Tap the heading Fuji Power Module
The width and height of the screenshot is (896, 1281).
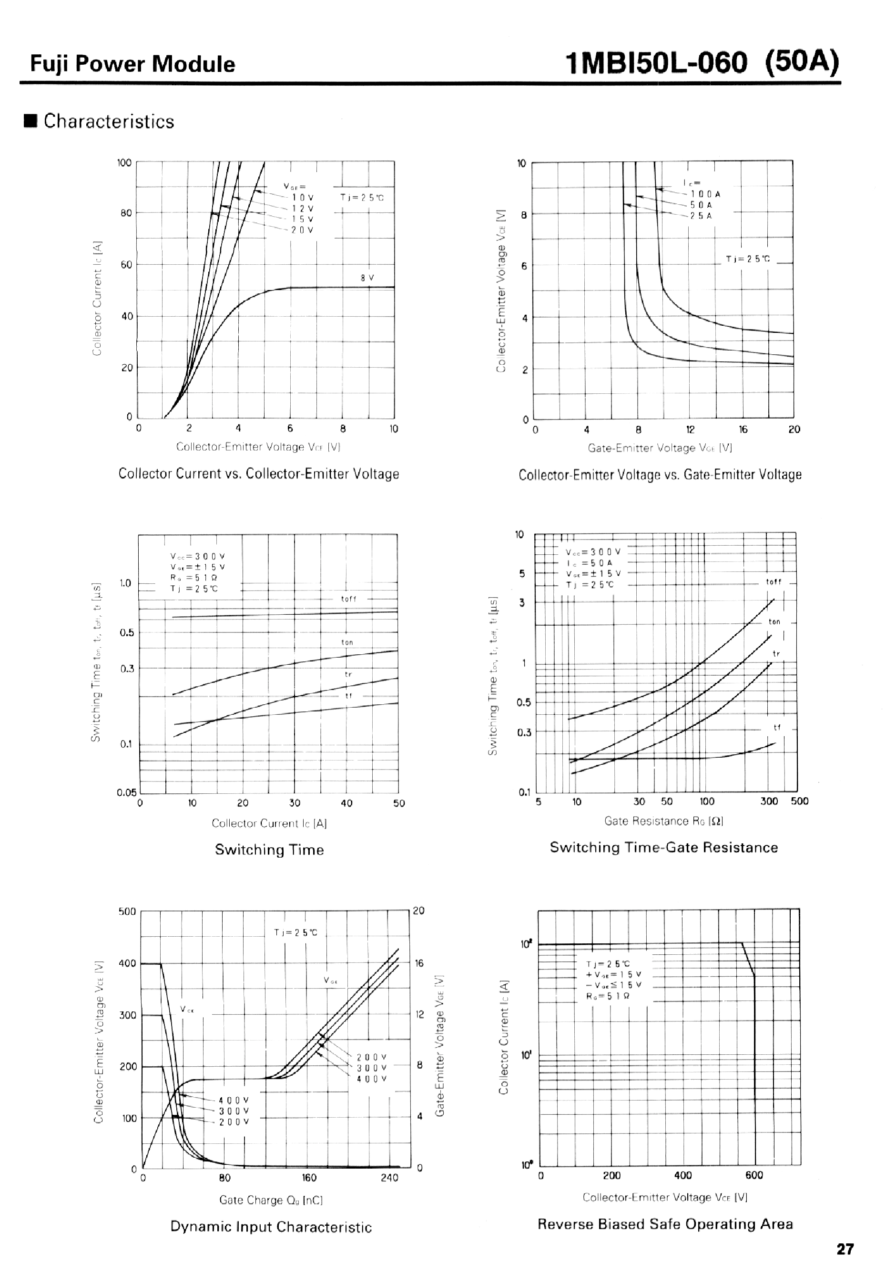tap(133, 64)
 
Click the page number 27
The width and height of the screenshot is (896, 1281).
tap(845, 1249)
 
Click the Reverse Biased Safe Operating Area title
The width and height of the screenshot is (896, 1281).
tap(664, 1223)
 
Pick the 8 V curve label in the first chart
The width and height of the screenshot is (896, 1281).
tap(367, 278)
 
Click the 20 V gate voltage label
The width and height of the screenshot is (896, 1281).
tap(302, 230)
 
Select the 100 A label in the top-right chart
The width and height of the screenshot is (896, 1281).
tap(705, 194)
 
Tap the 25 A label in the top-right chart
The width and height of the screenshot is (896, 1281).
tap(701, 216)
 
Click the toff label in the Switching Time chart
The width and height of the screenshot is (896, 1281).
tap(348, 599)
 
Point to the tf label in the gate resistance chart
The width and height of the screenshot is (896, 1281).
tap(776, 728)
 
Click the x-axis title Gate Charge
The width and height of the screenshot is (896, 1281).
tap(271, 1200)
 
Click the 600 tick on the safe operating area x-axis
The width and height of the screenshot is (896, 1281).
tap(753, 1175)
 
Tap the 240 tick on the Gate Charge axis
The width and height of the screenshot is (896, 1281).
tap(389, 1177)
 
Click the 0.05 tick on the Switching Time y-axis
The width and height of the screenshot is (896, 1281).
tap(127, 792)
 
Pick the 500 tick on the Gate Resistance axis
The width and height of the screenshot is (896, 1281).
tap(799, 801)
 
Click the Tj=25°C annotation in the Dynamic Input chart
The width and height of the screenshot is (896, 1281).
tap(295, 932)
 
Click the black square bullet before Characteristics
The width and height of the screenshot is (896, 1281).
tap(31, 121)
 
